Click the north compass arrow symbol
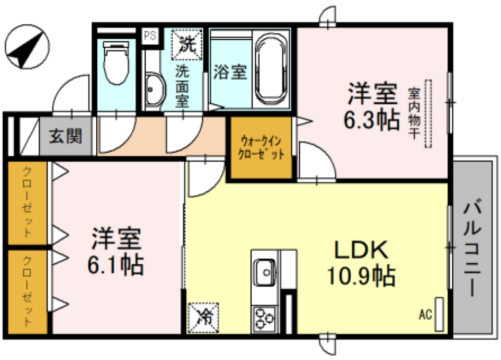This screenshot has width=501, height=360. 30,47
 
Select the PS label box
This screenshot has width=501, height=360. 150,36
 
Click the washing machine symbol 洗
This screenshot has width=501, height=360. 187,44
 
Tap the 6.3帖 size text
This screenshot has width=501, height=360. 372,121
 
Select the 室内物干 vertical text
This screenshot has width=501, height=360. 414,116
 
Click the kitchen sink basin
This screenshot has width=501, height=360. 267,271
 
